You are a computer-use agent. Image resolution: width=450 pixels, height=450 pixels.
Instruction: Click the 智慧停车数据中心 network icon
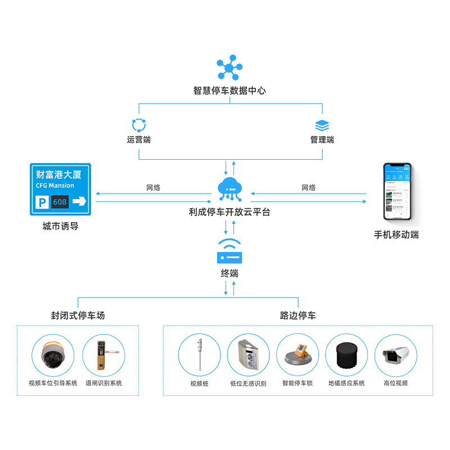click(229, 68)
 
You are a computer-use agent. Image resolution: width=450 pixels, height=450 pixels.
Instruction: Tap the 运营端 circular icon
click(138, 125)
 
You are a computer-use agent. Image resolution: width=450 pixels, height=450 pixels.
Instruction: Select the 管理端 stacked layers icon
click(322, 125)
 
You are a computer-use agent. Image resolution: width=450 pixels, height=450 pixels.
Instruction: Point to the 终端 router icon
click(229, 253)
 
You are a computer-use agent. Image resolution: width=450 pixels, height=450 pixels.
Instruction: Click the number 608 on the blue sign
click(59, 201)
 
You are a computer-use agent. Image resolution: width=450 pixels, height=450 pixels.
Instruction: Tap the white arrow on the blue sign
click(79, 201)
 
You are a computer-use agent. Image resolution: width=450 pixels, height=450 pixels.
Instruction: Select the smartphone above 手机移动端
click(397, 192)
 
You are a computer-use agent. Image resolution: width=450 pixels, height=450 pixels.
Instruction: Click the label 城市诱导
click(60, 227)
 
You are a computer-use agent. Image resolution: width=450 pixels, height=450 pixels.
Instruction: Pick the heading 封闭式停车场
click(78, 316)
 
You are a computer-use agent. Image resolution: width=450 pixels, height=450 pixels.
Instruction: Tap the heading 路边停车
click(298, 316)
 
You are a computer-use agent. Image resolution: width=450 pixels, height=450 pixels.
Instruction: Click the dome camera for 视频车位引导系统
click(53, 356)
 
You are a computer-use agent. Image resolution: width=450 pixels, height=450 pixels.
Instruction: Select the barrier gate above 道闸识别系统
click(103, 356)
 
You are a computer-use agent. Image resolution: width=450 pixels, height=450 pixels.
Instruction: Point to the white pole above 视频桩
click(199, 355)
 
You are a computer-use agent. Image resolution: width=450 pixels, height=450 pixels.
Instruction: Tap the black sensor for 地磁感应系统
click(346, 355)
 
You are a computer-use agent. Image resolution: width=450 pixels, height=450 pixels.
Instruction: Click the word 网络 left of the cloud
click(153, 188)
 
